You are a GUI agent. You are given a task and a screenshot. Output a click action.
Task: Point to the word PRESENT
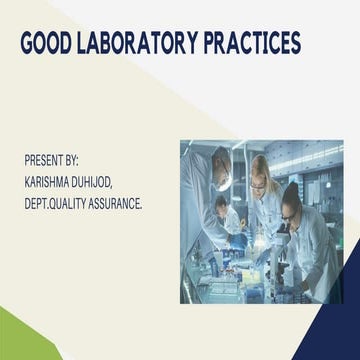44,160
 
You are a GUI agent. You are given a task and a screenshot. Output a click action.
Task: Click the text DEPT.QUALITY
59,204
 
